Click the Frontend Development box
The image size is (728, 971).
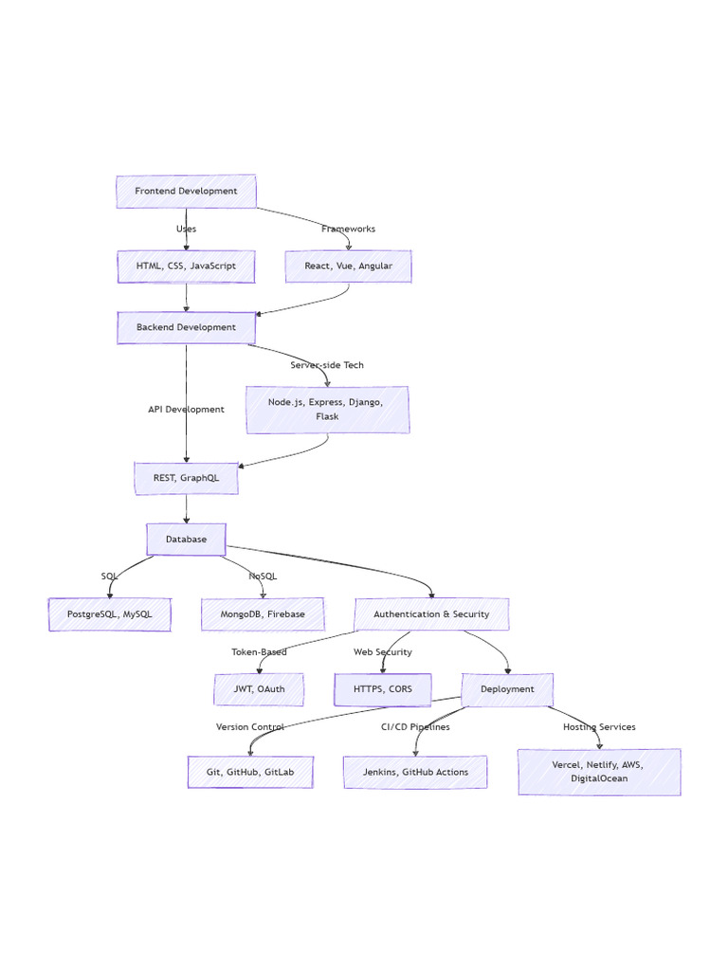186,192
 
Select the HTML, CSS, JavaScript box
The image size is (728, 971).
186,266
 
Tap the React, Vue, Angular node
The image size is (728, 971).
348,266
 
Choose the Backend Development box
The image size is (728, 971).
186,328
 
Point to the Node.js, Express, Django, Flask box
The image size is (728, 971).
327,410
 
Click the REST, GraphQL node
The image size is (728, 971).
186,479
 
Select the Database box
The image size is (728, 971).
186,540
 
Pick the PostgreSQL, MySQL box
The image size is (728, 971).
110,614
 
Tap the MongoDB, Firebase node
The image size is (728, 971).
263,614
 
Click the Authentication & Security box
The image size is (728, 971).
431,614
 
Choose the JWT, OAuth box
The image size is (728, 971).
259,689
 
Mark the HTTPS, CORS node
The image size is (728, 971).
383,689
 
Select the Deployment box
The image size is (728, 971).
507,689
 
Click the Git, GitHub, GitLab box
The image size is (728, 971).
250,772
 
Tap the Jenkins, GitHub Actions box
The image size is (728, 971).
415,772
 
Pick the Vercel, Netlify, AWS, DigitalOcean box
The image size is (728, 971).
599,772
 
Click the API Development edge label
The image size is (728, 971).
186,410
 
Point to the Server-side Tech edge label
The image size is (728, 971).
327,365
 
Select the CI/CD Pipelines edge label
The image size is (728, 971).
415,727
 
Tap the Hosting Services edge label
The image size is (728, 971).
599,727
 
